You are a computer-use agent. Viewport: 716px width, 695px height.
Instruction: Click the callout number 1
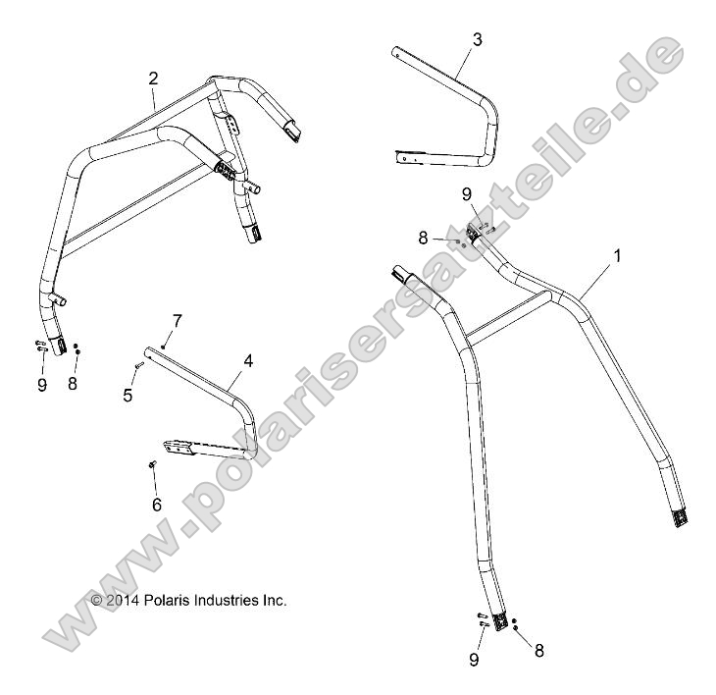(x=617, y=255)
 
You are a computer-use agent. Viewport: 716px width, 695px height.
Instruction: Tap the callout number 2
(x=153, y=79)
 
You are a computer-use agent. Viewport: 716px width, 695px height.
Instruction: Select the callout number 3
(x=477, y=40)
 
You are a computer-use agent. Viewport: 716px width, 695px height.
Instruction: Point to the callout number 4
(x=248, y=361)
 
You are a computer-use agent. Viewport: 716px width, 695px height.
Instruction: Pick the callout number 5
(x=127, y=394)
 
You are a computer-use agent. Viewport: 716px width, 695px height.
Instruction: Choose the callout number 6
(x=154, y=504)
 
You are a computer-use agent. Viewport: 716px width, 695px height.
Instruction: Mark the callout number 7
(x=178, y=321)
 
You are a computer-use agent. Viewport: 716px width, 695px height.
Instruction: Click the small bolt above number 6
(x=153, y=465)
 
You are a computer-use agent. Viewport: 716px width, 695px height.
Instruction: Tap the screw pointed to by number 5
(x=140, y=366)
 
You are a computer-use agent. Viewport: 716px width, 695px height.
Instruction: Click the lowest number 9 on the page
(x=474, y=661)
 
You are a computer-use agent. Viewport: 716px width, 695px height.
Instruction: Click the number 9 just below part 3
(x=467, y=194)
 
